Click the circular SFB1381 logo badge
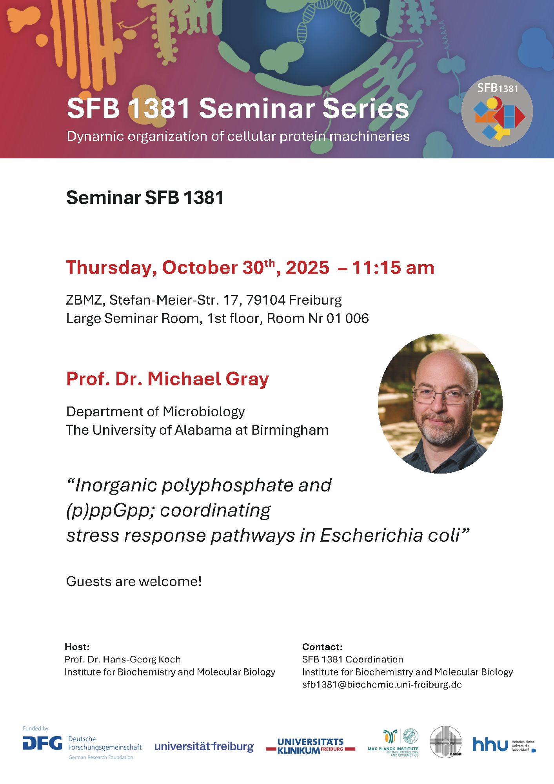497,111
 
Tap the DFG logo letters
42,743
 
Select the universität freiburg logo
204,746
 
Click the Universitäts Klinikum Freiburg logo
311,746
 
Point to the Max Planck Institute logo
393,743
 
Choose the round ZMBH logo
446,742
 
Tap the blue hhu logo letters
490,744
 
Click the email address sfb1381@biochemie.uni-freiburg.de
382,684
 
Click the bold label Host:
77,647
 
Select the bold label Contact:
322,647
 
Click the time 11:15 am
393,268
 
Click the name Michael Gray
208,379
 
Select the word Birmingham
290,430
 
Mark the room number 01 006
347,318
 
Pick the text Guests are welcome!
134,581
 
